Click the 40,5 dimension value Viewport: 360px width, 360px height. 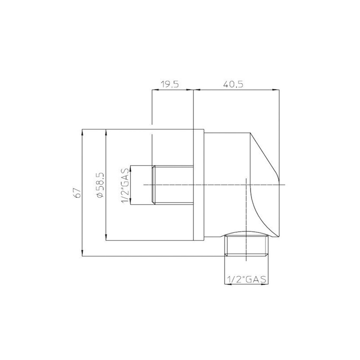pos(233,84)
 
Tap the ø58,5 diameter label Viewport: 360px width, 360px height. pos(100,185)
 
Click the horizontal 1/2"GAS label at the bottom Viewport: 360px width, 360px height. pos(246,279)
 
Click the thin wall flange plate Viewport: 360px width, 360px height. pos(199,185)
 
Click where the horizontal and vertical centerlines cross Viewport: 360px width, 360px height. pos(246,185)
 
